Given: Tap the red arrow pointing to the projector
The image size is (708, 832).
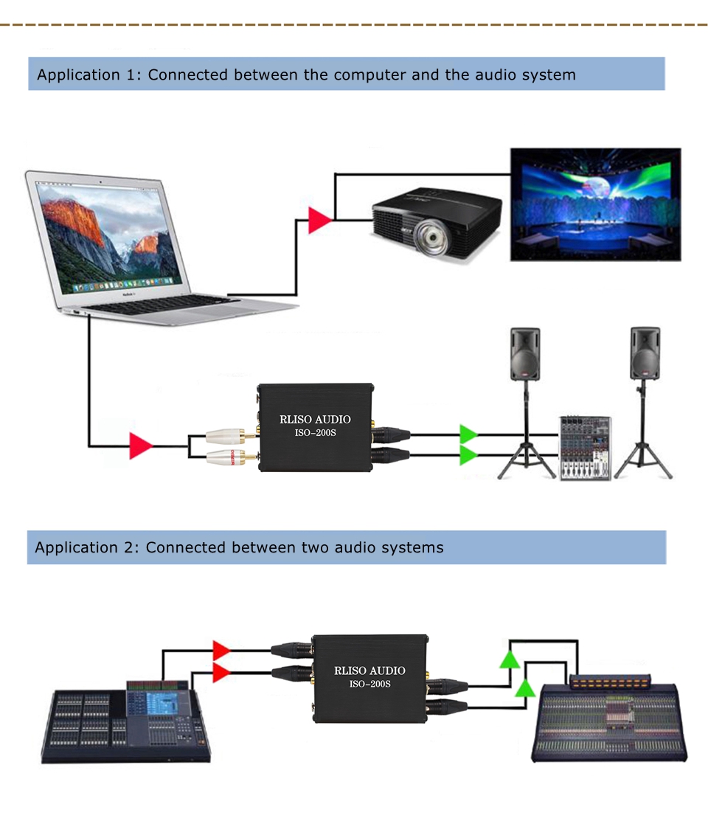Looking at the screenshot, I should pyautogui.click(x=319, y=221).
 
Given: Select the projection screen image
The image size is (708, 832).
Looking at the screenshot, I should pyautogui.click(x=595, y=204).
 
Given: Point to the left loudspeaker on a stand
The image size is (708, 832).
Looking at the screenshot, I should pyautogui.click(x=525, y=355).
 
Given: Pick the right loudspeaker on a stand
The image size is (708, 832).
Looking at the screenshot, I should pyautogui.click(x=645, y=354).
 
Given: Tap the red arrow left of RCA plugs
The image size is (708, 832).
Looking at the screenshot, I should pyautogui.click(x=140, y=446).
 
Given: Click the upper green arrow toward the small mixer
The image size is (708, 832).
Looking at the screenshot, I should pyautogui.click(x=468, y=434).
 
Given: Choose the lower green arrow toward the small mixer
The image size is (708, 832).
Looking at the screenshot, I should pyautogui.click(x=468, y=455).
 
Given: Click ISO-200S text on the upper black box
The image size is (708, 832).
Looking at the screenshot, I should pyautogui.click(x=315, y=433).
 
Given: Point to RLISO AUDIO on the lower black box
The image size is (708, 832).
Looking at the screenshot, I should pyautogui.click(x=369, y=670).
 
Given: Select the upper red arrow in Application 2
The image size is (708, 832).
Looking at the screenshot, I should pyautogui.click(x=221, y=650).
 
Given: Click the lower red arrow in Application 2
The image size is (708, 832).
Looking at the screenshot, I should pyautogui.click(x=221, y=672).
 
